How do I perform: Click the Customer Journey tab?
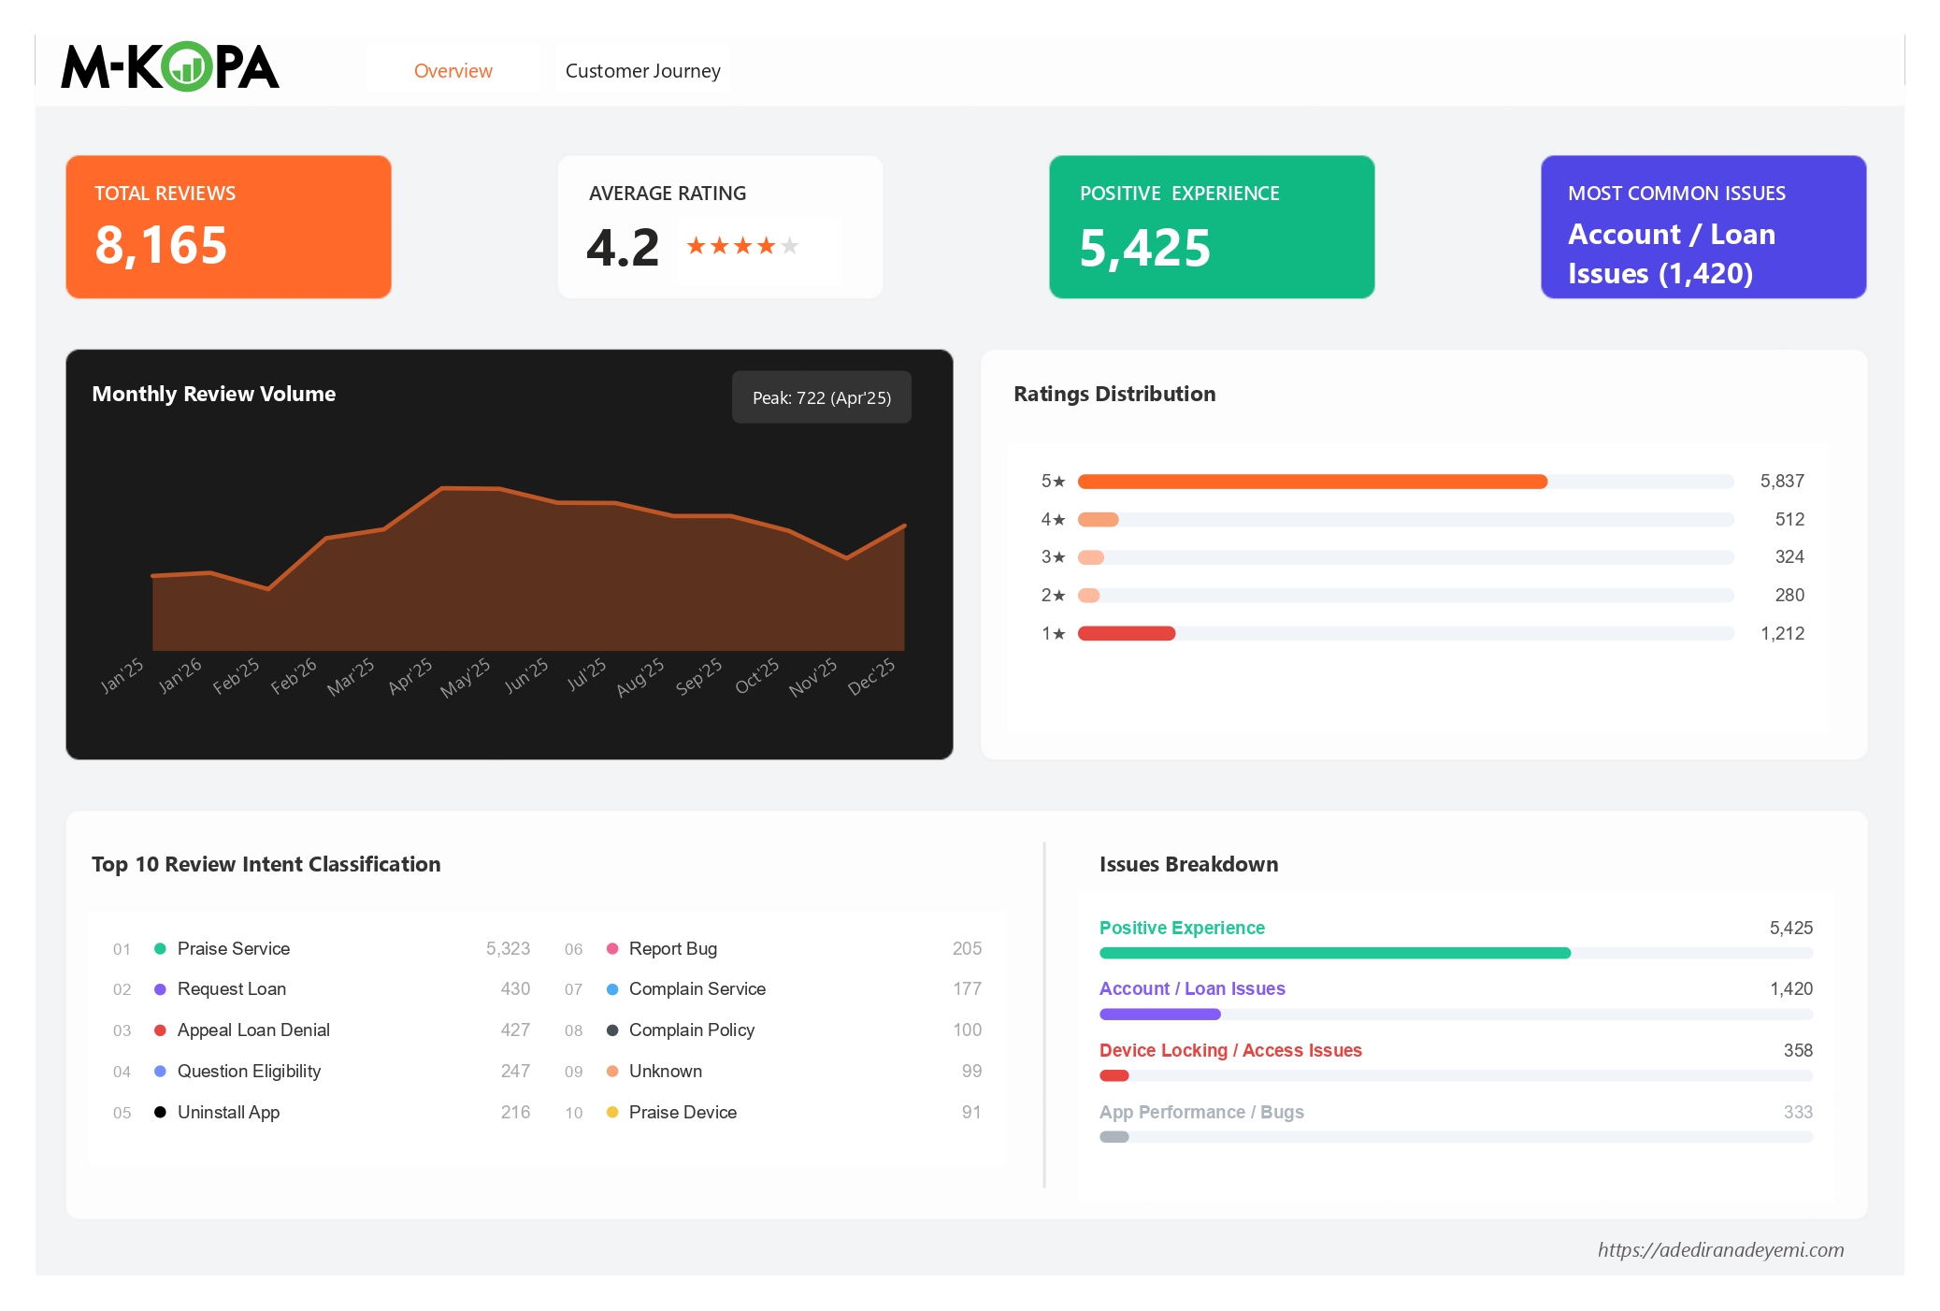click(642, 71)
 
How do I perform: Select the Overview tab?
click(453, 71)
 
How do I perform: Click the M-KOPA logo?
click(170, 67)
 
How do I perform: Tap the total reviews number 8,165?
click(161, 245)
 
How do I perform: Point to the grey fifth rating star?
click(790, 246)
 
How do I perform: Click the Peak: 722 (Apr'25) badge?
click(821, 397)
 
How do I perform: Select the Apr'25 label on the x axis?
click(410, 675)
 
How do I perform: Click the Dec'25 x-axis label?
click(871, 677)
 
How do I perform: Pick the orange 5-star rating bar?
click(1311, 482)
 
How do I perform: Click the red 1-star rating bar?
click(1126, 634)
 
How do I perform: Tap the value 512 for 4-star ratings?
click(1789, 519)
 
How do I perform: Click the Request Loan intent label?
click(232, 989)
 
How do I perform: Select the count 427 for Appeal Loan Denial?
click(515, 1030)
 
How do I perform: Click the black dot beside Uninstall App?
click(160, 1113)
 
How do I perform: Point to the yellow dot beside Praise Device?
click(612, 1113)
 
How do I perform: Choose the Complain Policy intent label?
click(691, 1030)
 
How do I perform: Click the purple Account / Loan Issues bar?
click(1159, 1015)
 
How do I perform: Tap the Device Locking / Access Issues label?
click(1229, 1051)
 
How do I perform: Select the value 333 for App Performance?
click(1797, 1113)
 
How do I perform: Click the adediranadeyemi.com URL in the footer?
click(1719, 1250)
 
